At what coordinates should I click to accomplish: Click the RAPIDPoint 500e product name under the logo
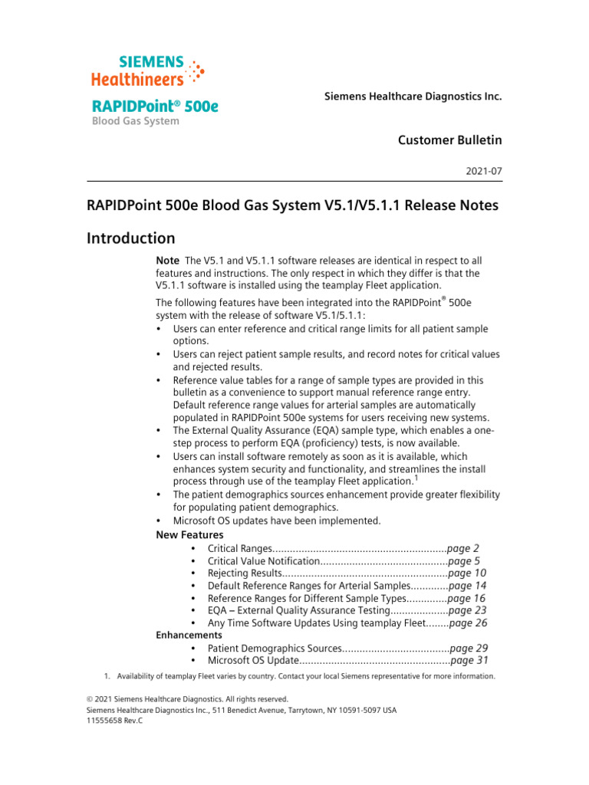click(154, 106)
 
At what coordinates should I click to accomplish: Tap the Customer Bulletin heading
click(450, 140)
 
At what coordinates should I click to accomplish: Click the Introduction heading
click(130, 238)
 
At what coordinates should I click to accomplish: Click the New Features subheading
click(189, 534)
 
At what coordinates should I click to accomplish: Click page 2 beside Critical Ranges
click(464, 548)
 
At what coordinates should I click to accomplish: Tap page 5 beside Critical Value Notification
click(464, 560)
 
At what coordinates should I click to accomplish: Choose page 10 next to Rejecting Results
click(467, 573)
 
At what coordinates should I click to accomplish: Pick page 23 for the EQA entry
click(467, 610)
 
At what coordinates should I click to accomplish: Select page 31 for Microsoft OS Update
click(469, 660)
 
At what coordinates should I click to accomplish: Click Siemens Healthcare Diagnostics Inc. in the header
click(413, 97)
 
